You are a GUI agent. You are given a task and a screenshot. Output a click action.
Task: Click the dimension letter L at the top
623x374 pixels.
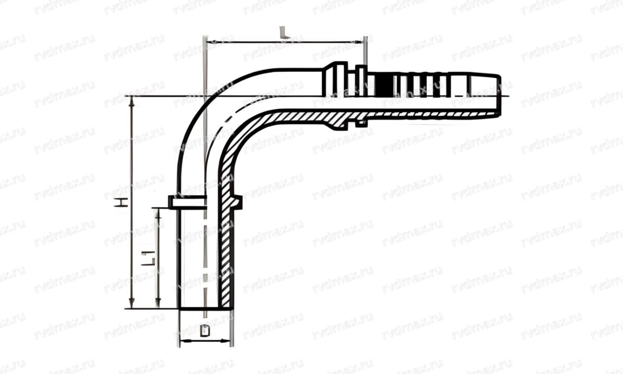283,33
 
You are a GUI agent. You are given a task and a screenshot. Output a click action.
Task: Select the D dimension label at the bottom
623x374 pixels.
204,331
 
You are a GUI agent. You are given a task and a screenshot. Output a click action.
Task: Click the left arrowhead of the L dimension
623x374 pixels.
209,41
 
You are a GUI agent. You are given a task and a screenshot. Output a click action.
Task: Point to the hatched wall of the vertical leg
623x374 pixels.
226,249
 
